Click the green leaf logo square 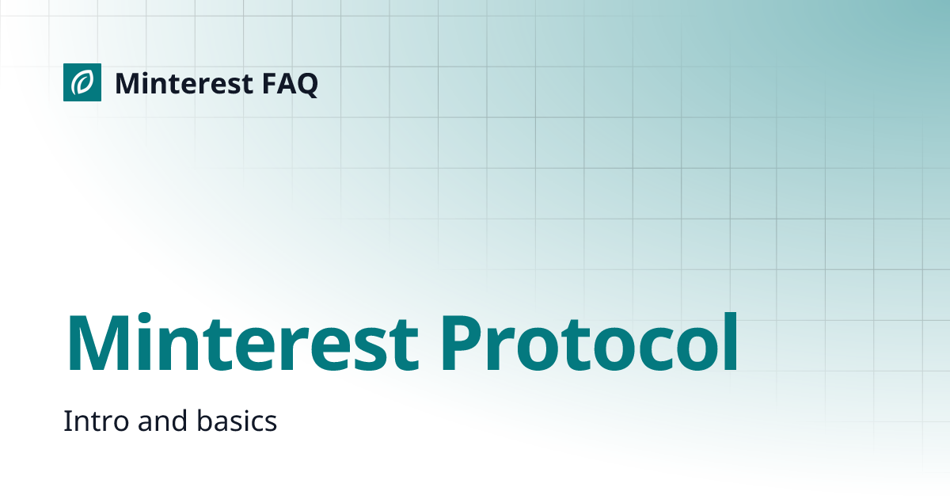click(x=82, y=82)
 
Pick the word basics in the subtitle click(x=237, y=421)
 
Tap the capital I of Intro click(x=66, y=421)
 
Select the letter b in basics click(x=203, y=421)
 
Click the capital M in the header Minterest click(x=127, y=83)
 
